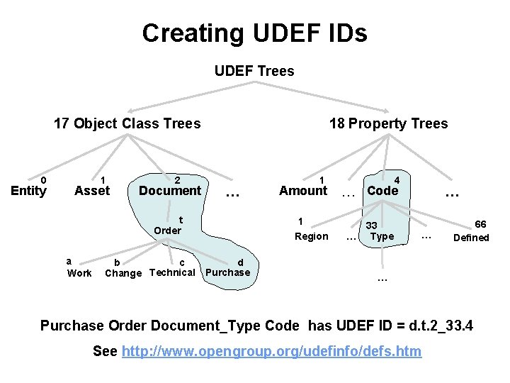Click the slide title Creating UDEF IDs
click(x=254, y=33)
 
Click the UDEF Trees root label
click(x=254, y=71)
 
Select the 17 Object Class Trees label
click(x=127, y=123)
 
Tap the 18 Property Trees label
click(x=388, y=123)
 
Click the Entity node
click(x=28, y=190)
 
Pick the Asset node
click(x=92, y=190)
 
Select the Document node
click(x=170, y=190)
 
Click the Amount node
click(x=303, y=190)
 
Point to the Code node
click(x=382, y=190)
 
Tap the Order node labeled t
click(x=168, y=230)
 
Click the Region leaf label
click(x=312, y=236)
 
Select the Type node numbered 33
click(x=382, y=236)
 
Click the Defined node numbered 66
click(x=471, y=238)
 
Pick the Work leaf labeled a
click(x=79, y=273)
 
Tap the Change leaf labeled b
click(x=123, y=273)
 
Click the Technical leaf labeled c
click(x=172, y=272)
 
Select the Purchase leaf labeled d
click(x=227, y=272)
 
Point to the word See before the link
click(x=106, y=351)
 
